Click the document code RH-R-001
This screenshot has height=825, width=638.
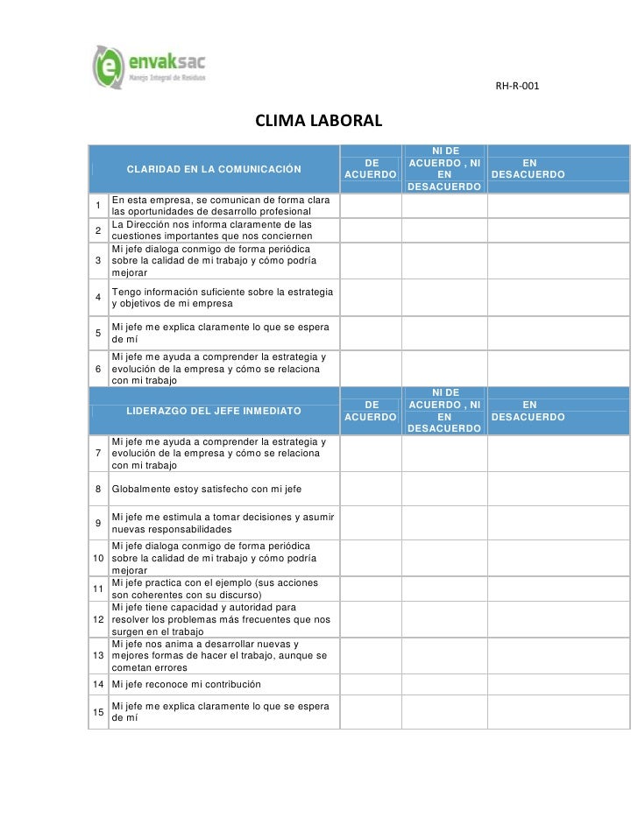point(518,87)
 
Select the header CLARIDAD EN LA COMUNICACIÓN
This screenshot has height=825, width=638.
point(214,169)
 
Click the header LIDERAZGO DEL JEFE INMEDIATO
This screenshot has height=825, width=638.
point(214,411)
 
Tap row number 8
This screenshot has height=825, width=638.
point(98,489)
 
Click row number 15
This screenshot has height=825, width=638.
point(98,711)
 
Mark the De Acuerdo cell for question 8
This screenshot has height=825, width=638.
point(370,489)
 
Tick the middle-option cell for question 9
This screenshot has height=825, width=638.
point(443,523)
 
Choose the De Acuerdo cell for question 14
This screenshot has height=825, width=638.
point(370,683)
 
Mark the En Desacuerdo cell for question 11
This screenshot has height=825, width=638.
point(558,589)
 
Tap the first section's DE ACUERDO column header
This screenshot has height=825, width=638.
point(370,169)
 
